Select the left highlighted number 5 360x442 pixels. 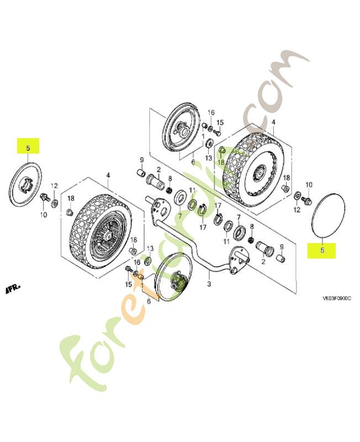pyautogui.click(x=29, y=148)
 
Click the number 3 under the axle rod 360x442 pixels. pyautogui.click(x=209, y=284)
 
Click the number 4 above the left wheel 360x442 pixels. pyautogui.click(x=108, y=175)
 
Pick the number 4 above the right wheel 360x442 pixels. pyautogui.click(x=273, y=121)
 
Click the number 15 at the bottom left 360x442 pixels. pyautogui.click(x=128, y=285)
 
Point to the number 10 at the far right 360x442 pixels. pyautogui.click(x=309, y=185)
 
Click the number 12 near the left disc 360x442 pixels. pyautogui.click(x=55, y=186)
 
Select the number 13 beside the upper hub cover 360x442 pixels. pyautogui.click(x=209, y=159)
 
